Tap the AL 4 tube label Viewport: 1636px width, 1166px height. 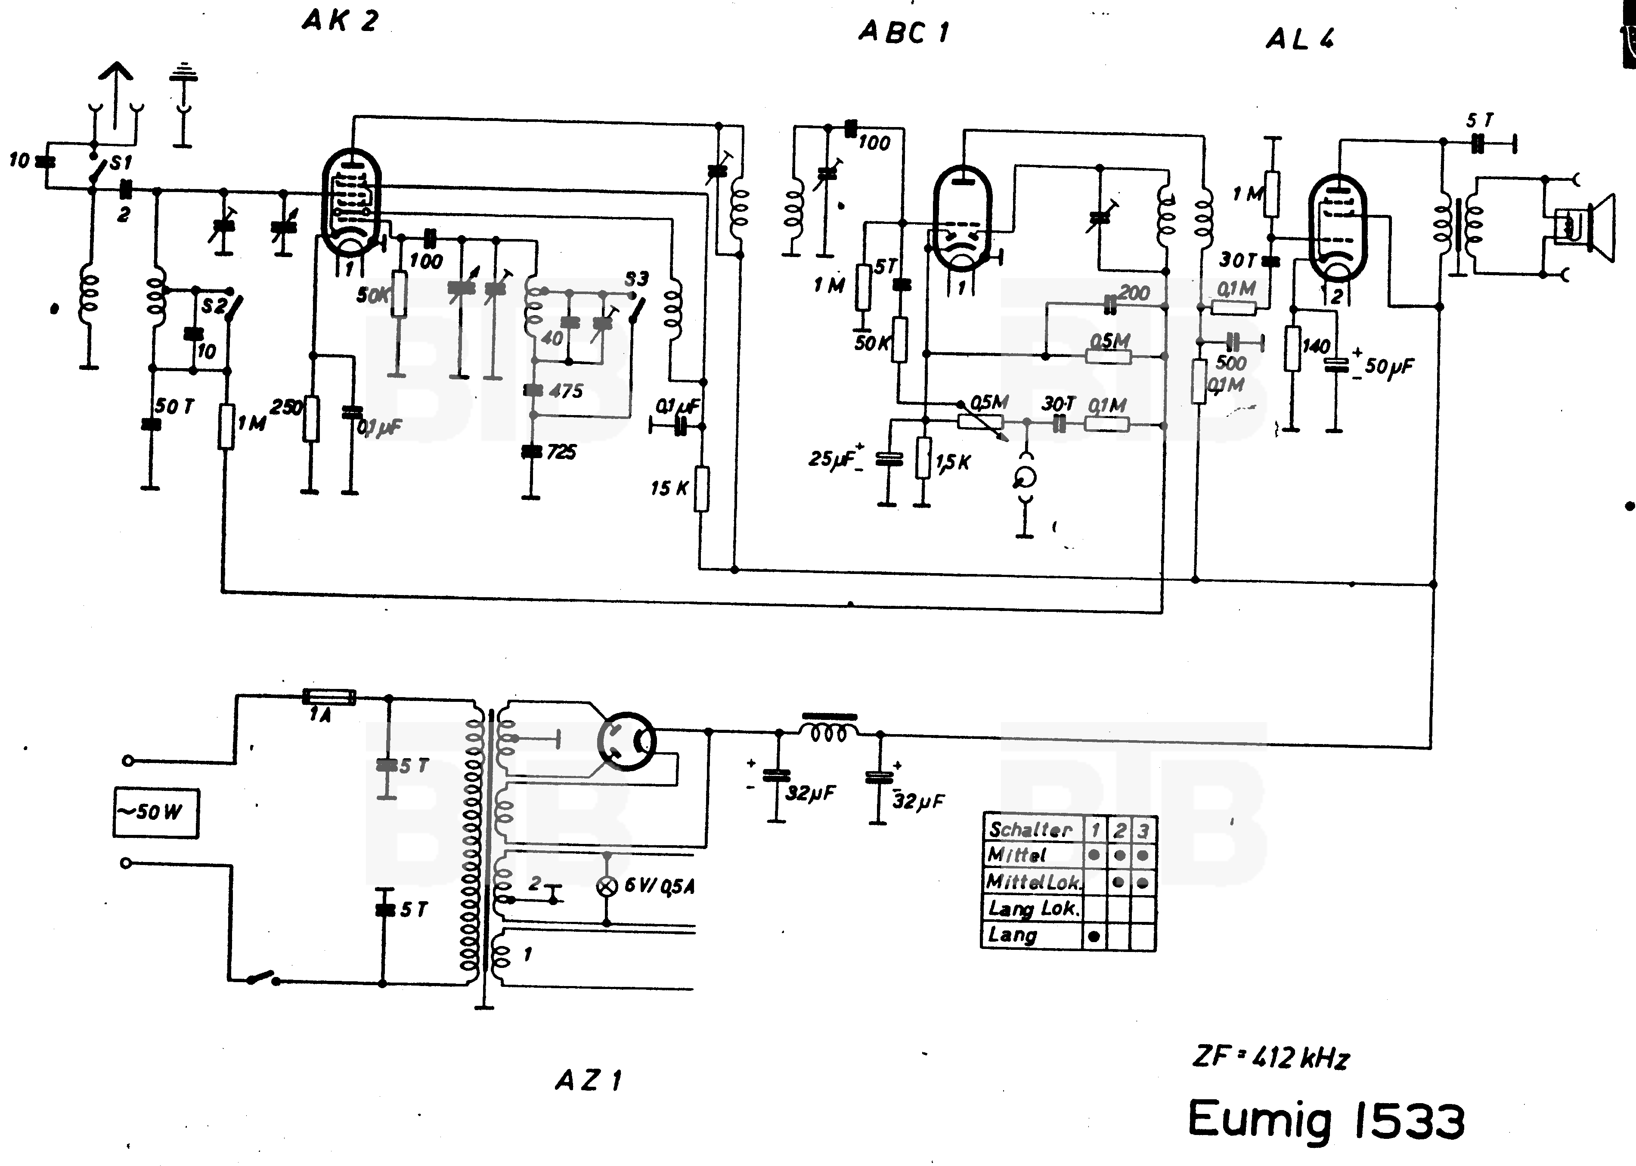1299,40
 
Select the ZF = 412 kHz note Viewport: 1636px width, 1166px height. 1270,1057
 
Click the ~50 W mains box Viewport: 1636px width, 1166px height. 156,813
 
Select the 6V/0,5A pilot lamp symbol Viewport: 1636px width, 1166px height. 607,886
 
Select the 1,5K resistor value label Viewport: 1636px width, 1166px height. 953,463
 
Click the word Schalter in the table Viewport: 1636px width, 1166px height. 1030,830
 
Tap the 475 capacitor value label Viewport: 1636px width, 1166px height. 566,392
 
